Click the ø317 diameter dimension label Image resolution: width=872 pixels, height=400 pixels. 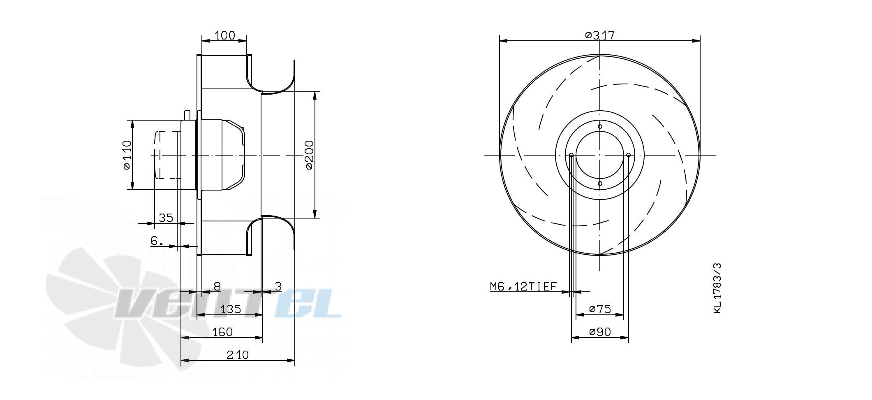600,35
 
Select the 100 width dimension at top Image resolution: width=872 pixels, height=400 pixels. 225,35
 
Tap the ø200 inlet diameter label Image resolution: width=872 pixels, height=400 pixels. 309,155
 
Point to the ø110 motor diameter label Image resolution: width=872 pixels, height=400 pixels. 127,155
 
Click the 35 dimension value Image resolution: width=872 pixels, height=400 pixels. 166,218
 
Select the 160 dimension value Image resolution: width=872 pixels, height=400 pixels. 222,332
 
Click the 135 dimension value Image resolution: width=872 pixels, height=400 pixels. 231,309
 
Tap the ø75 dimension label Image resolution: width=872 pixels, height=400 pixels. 600,309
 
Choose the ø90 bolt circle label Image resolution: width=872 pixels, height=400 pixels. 600,332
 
